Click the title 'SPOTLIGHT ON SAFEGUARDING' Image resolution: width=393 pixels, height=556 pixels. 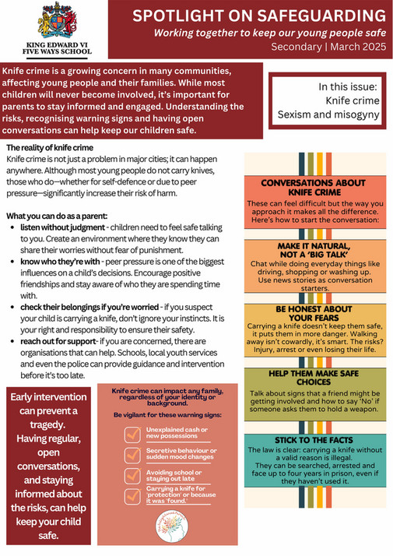[258, 16]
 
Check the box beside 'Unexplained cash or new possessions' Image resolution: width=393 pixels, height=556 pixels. [132, 434]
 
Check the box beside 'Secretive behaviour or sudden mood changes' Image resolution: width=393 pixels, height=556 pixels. [132, 455]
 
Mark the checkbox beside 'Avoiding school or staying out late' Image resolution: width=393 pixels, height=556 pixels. [132, 475]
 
